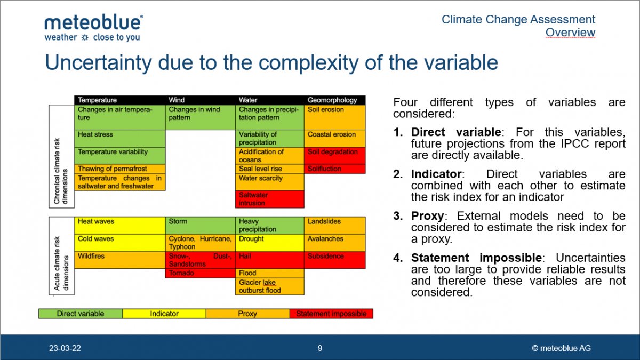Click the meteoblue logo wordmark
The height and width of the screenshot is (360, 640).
pyautogui.click(x=94, y=23)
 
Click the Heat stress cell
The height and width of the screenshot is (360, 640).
pyautogui.click(x=119, y=139)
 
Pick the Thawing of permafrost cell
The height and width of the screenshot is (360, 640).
pyautogui.click(x=119, y=169)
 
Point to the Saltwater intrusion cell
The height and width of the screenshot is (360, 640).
pyautogui.click(x=270, y=199)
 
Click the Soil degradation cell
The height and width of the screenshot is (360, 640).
pyautogui.click(x=334, y=156)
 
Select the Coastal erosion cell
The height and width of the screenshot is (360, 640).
pyautogui.click(x=334, y=139)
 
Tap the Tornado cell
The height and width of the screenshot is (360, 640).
pyautogui.click(x=201, y=273)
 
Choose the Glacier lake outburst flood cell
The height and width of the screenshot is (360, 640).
pyautogui.click(x=270, y=286)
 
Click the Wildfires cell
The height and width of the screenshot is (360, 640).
pyautogui.click(x=119, y=260)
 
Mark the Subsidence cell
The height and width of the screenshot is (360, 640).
pyautogui.click(x=334, y=260)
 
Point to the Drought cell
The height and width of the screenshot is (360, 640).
pyautogui.click(x=270, y=243)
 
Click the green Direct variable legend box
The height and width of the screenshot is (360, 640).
pyautogui.click(x=81, y=314)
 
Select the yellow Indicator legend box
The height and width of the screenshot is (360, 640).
pyautogui.click(x=164, y=314)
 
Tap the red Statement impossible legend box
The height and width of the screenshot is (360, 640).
pyautogui.click(x=331, y=314)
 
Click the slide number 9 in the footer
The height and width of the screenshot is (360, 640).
pyautogui.click(x=319, y=348)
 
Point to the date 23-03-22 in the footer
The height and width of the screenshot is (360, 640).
pyautogui.click(x=65, y=348)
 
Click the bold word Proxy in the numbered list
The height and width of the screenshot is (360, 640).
pyautogui.click(x=427, y=217)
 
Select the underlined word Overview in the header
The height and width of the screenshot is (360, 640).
pyautogui.click(x=570, y=33)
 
